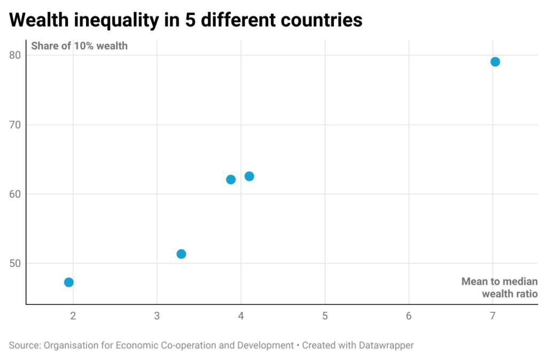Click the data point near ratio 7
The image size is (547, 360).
(495, 62)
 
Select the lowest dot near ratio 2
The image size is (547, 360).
(69, 282)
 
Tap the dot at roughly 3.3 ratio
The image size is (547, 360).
(181, 254)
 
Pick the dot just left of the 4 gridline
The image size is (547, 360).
(231, 179)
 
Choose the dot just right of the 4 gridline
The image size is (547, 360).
(249, 176)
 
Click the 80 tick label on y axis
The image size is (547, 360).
(14, 55)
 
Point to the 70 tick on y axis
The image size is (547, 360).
(14, 125)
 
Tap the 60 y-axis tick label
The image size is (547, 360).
(14, 194)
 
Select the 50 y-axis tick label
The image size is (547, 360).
(14, 263)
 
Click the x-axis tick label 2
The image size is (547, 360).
(73, 316)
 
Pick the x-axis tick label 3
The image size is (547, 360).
(157, 316)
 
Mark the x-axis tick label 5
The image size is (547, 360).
(325, 316)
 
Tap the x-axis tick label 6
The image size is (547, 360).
(409, 316)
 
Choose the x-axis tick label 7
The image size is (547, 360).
(493, 316)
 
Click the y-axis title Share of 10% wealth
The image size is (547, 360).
(79, 46)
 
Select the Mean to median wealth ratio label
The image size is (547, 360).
(499, 287)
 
